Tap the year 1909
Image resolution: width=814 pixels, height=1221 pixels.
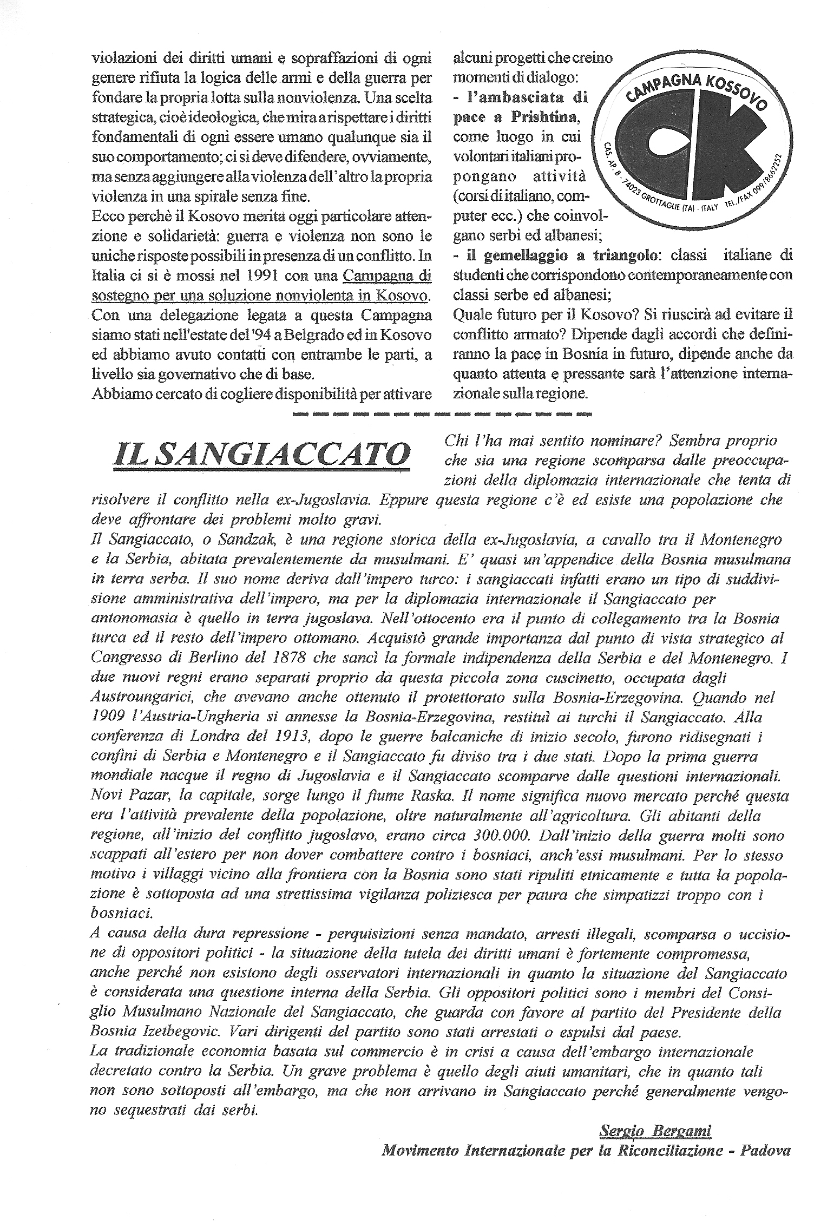point(108,718)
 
